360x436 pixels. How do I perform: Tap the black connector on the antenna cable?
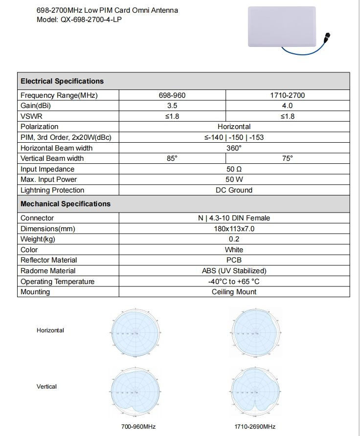pyautogui.click(x=326, y=36)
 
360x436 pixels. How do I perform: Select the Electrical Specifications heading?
pyautogui.click(x=62, y=81)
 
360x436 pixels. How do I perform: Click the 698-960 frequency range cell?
pyautogui.click(x=172, y=95)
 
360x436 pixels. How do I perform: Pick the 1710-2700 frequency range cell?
pyautogui.click(x=287, y=95)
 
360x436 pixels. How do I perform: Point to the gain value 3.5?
pyautogui.click(x=172, y=106)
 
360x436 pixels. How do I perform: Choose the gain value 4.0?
pyautogui.click(x=287, y=106)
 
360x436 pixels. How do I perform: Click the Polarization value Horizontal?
pyautogui.click(x=234, y=127)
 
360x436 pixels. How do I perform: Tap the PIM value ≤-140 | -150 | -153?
pyautogui.click(x=234, y=137)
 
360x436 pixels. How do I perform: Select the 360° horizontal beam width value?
pyautogui.click(x=234, y=148)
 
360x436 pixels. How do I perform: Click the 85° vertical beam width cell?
pyautogui.click(x=172, y=158)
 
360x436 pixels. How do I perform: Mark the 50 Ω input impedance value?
pyautogui.click(x=234, y=169)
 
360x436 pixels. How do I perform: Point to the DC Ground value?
pyautogui.click(x=234, y=190)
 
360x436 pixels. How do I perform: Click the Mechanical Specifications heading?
pyautogui.click(x=66, y=204)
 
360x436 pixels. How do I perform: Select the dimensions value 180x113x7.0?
pyautogui.click(x=234, y=229)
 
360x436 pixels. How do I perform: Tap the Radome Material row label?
pyautogui.click(x=48, y=271)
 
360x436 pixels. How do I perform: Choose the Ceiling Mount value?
pyautogui.click(x=234, y=292)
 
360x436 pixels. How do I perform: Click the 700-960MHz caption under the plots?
pyautogui.click(x=138, y=427)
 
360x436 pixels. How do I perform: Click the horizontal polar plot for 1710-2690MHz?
pyautogui.click(x=255, y=333)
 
